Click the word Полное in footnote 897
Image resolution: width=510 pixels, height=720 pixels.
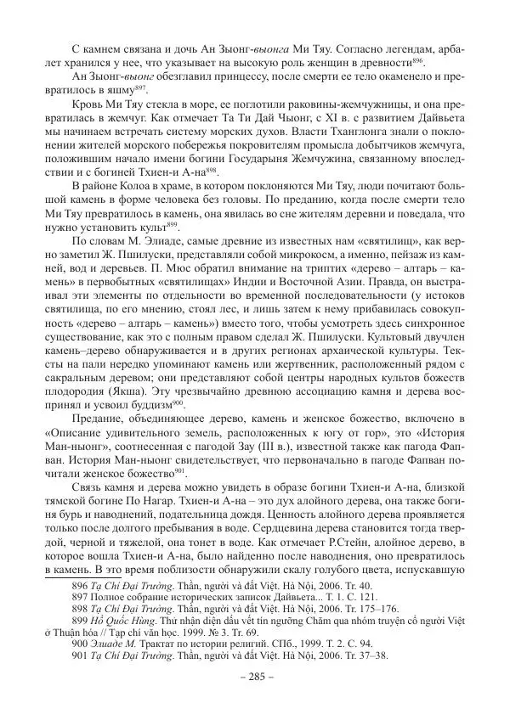pyautogui.click(x=109, y=573)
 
